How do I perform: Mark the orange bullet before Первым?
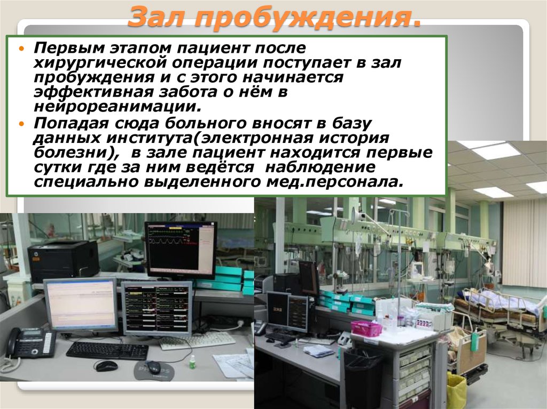click(22, 49)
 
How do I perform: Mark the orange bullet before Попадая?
click(22, 124)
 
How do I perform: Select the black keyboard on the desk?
click(107, 350)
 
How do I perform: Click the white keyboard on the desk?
click(198, 341)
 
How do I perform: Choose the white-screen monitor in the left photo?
click(81, 304)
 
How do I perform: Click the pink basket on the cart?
click(366, 328)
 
